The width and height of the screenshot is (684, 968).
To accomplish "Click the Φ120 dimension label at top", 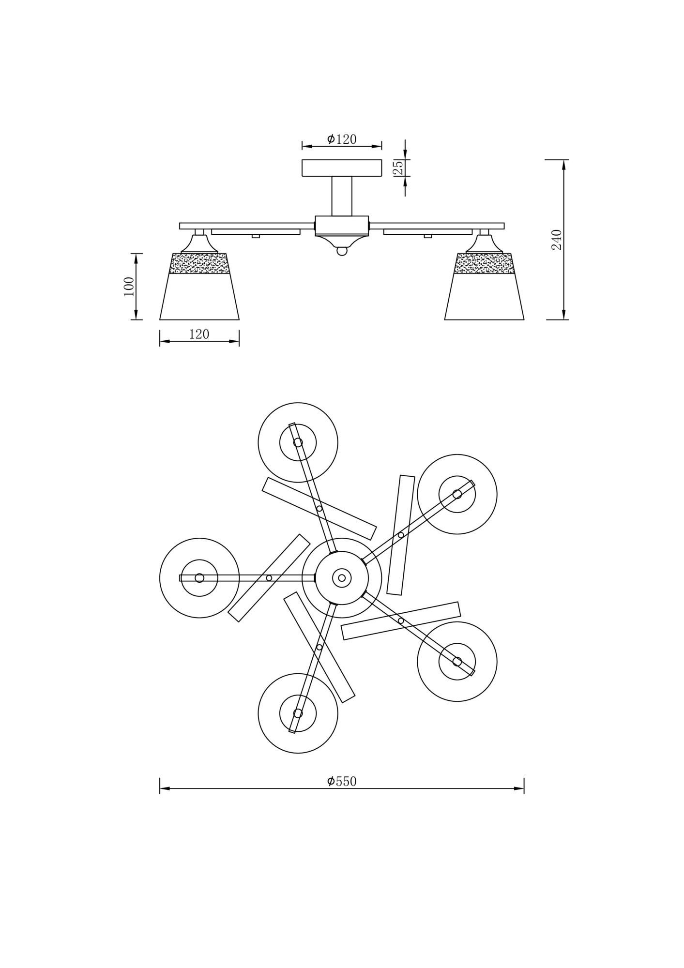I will [342, 139].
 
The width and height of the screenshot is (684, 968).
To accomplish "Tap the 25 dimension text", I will [398, 167].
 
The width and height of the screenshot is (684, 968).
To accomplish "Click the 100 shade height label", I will [129, 287].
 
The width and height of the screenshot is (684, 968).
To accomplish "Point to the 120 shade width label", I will [199, 334].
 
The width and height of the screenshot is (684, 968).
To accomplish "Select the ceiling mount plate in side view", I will [342, 168].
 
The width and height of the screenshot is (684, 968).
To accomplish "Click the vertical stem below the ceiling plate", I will [342, 196].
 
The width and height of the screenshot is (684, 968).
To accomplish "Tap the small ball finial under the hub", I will [342, 252].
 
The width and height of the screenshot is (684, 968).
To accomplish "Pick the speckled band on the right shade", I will [484, 263].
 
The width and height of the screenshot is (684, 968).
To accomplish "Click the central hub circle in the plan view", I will [342, 578].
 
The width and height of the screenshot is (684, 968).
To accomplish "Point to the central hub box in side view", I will [342, 226].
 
